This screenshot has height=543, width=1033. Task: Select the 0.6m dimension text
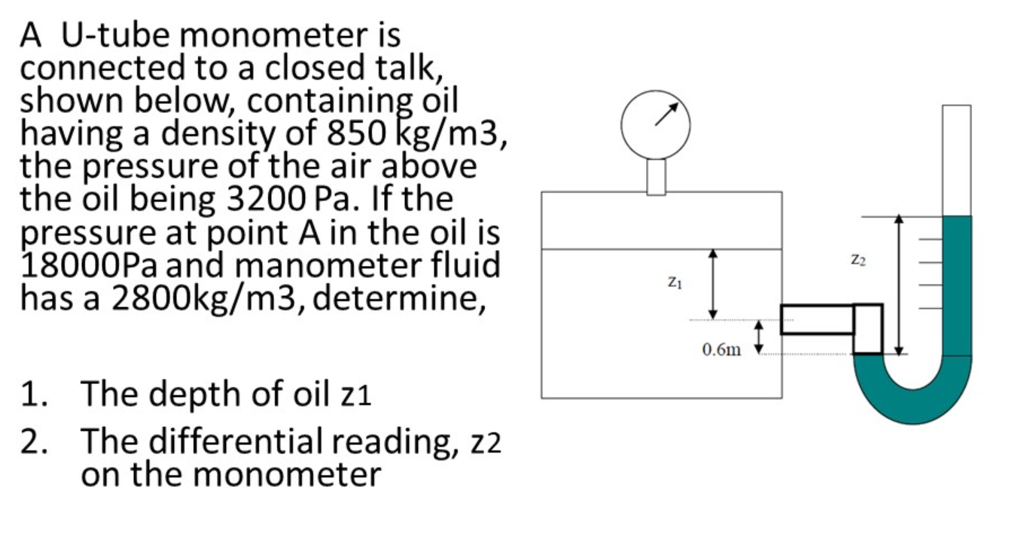pos(721,349)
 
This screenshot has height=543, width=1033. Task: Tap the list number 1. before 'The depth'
pos(37,394)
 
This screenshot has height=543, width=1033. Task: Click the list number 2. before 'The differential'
pos(37,441)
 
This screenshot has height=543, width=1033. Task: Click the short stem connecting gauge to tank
pos(656,176)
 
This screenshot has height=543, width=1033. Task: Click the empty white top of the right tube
pos(956,159)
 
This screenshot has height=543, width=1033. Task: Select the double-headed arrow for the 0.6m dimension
pos(760,336)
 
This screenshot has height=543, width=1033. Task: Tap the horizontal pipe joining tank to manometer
pos(817,319)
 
